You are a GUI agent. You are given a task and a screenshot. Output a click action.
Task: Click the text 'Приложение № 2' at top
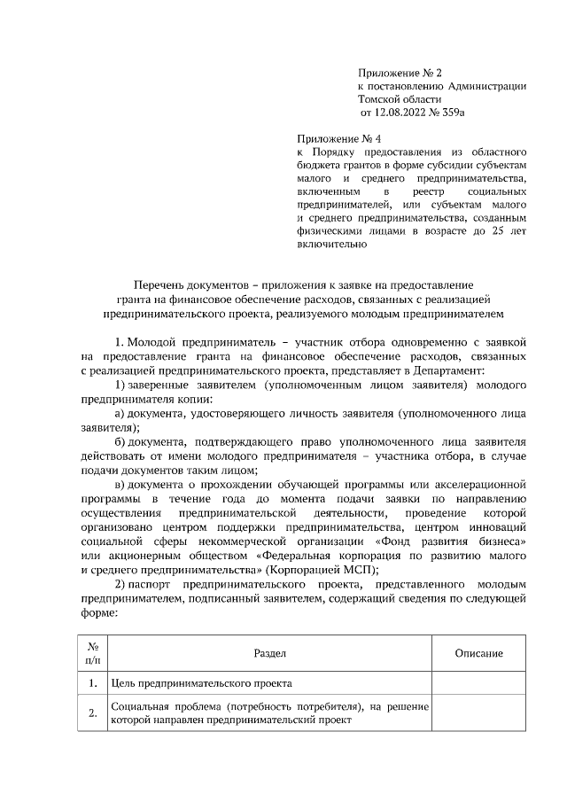tap(396, 72)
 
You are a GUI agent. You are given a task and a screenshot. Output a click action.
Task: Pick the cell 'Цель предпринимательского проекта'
tap(201, 683)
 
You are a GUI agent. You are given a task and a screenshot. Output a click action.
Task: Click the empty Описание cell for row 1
tap(478, 683)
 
